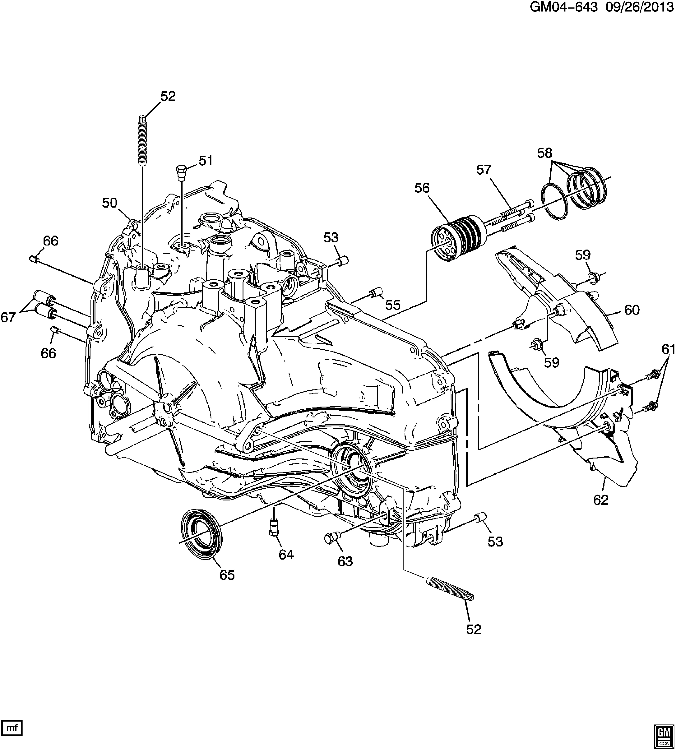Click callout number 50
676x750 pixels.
pos(110,203)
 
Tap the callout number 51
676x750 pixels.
pos(205,161)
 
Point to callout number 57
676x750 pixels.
pos(484,170)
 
